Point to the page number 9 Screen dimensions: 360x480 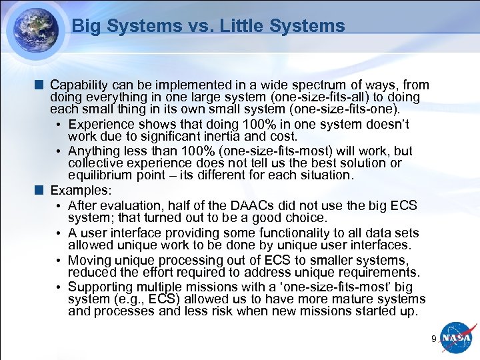[x=433, y=339]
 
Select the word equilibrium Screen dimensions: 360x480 [x=101, y=175]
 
